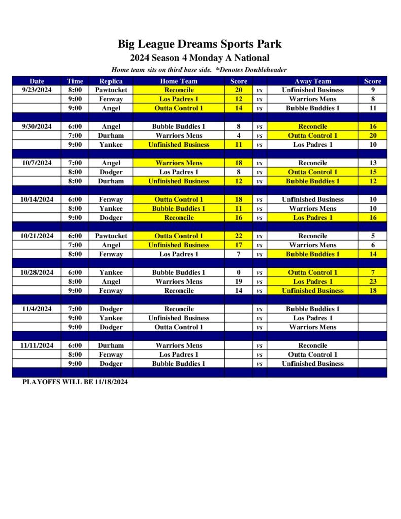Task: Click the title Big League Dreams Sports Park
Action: [x=199, y=44]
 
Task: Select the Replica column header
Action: [x=111, y=81]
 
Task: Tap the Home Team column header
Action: [x=178, y=81]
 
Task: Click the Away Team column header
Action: [x=312, y=81]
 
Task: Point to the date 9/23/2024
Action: [x=37, y=90]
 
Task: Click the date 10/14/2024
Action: [x=37, y=199]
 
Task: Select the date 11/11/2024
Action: [x=37, y=345]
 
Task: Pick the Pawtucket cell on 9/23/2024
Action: [x=111, y=90]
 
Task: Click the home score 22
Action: [x=238, y=236]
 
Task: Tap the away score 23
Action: [x=373, y=281]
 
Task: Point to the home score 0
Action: [x=238, y=272]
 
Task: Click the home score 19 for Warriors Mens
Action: [x=238, y=281]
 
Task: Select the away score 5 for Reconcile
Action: [x=373, y=236]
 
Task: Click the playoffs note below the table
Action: [x=75, y=382]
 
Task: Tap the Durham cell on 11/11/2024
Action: [x=111, y=345]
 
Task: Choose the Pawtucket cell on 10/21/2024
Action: [x=111, y=236]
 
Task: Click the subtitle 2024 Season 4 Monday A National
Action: [x=199, y=58]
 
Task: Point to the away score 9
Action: [x=373, y=90]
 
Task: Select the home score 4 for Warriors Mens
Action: [x=238, y=135]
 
